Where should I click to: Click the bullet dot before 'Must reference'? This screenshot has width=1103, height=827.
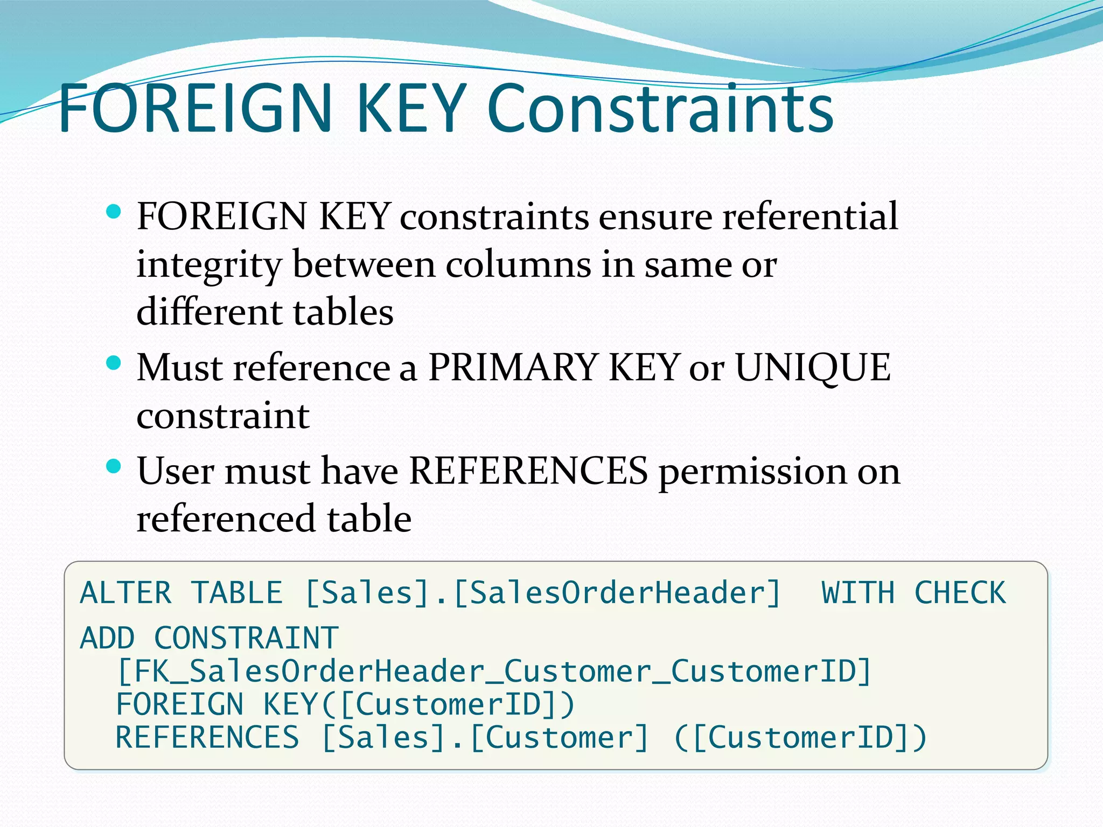click(x=114, y=363)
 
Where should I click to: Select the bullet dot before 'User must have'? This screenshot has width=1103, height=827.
click(x=114, y=466)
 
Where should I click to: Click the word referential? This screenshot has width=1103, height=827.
click(x=810, y=216)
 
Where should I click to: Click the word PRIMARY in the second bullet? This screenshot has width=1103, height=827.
click(x=513, y=368)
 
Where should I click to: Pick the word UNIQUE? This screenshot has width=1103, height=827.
click(x=813, y=368)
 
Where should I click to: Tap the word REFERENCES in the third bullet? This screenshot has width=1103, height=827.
click(x=528, y=471)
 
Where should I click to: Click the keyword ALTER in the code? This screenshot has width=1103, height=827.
click(x=126, y=593)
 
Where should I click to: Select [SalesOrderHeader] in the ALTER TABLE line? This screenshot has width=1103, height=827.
click(x=617, y=593)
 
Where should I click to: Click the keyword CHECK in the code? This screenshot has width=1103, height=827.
click(x=960, y=593)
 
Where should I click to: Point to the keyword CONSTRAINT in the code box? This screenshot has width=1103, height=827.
click(x=246, y=639)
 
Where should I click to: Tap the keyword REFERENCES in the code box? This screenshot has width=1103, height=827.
click(x=207, y=738)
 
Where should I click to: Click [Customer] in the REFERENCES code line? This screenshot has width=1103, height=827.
click(x=560, y=738)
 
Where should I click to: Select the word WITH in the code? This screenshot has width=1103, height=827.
click(x=858, y=593)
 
